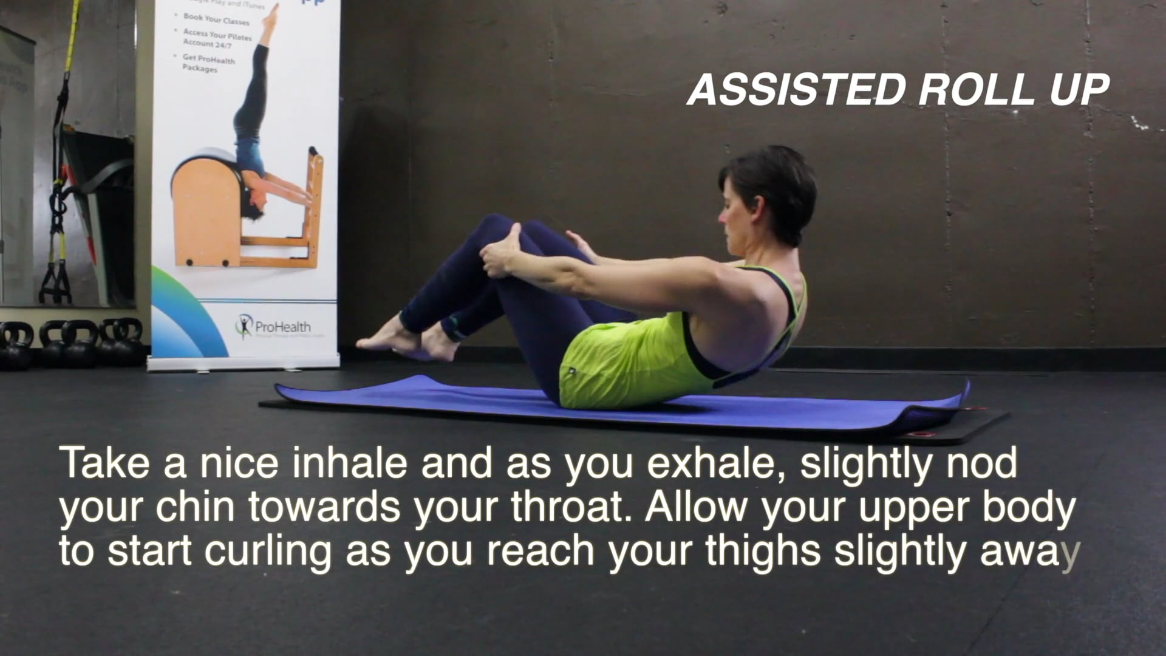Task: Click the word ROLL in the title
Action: coord(976,90)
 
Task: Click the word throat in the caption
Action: coord(568,507)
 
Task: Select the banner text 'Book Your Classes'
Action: coord(216,19)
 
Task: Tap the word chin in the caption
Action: coord(195,507)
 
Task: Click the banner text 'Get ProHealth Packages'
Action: coord(208,63)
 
